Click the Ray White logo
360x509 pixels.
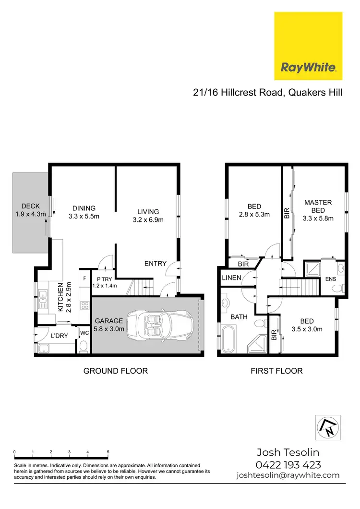(308, 46)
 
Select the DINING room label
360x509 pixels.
(84, 208)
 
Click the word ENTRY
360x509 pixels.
(155, 264)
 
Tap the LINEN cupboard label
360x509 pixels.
(231, 279)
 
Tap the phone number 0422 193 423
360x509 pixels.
(288, 464)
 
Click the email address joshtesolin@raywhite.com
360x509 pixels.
(288, 475)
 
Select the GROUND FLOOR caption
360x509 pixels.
(115, 371)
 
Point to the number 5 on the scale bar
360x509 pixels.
(108, 452)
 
